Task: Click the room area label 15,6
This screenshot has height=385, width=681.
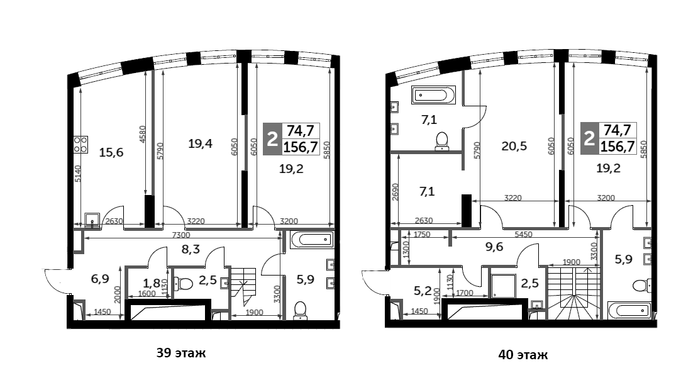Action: coord(111,152)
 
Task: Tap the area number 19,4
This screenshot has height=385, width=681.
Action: coord(200,143)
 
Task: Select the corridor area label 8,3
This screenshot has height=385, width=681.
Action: coord(191,249)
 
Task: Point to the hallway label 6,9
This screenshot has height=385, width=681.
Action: coord(100,279)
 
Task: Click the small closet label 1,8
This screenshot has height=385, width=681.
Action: coord(151,284)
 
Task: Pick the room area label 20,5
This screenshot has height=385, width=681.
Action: coord(514,146)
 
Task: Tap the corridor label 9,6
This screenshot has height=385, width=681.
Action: coord(494,247)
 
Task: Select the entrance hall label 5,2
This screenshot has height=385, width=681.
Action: coord(422,291)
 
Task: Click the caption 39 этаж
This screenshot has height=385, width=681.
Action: coord(181,353)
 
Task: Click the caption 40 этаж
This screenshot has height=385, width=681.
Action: coord(523,355)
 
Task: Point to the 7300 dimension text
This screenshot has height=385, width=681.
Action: coord(181,235)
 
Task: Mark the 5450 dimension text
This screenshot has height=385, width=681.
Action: coord(523,235)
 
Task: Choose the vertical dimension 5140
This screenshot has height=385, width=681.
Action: coord(78,174)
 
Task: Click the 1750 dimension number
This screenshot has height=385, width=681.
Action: coord(422,235)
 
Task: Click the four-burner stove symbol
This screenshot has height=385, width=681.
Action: coord(80,145)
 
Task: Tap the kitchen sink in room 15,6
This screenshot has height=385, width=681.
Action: coord(92,220)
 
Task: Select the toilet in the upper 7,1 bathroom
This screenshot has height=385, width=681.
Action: coord(441,141)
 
